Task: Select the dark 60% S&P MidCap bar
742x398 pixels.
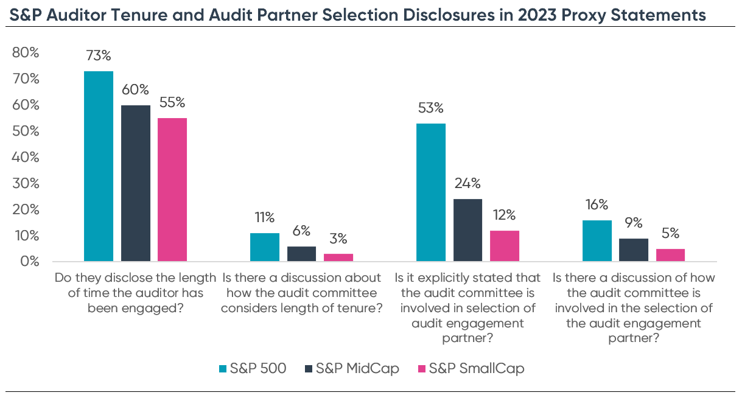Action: tap(136, 183)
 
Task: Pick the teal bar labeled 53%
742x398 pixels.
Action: tap(431, 192)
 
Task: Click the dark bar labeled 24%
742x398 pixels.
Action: tap(468, 230)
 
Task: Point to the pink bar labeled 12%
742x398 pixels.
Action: tap(505, 246)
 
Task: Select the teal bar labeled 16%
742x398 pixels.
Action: tap(597, 241)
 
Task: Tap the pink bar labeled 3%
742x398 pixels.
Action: tap(338, 257)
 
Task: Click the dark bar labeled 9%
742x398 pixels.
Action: tap(634, 250)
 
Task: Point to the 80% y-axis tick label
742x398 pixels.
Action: tap(26, 53)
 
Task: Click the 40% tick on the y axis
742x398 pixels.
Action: tap(26, 158)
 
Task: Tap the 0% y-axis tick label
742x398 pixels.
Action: tap(29, 262)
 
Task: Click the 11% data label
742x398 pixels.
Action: tap(264, 217)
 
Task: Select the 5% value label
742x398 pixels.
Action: tap(671, 233)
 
